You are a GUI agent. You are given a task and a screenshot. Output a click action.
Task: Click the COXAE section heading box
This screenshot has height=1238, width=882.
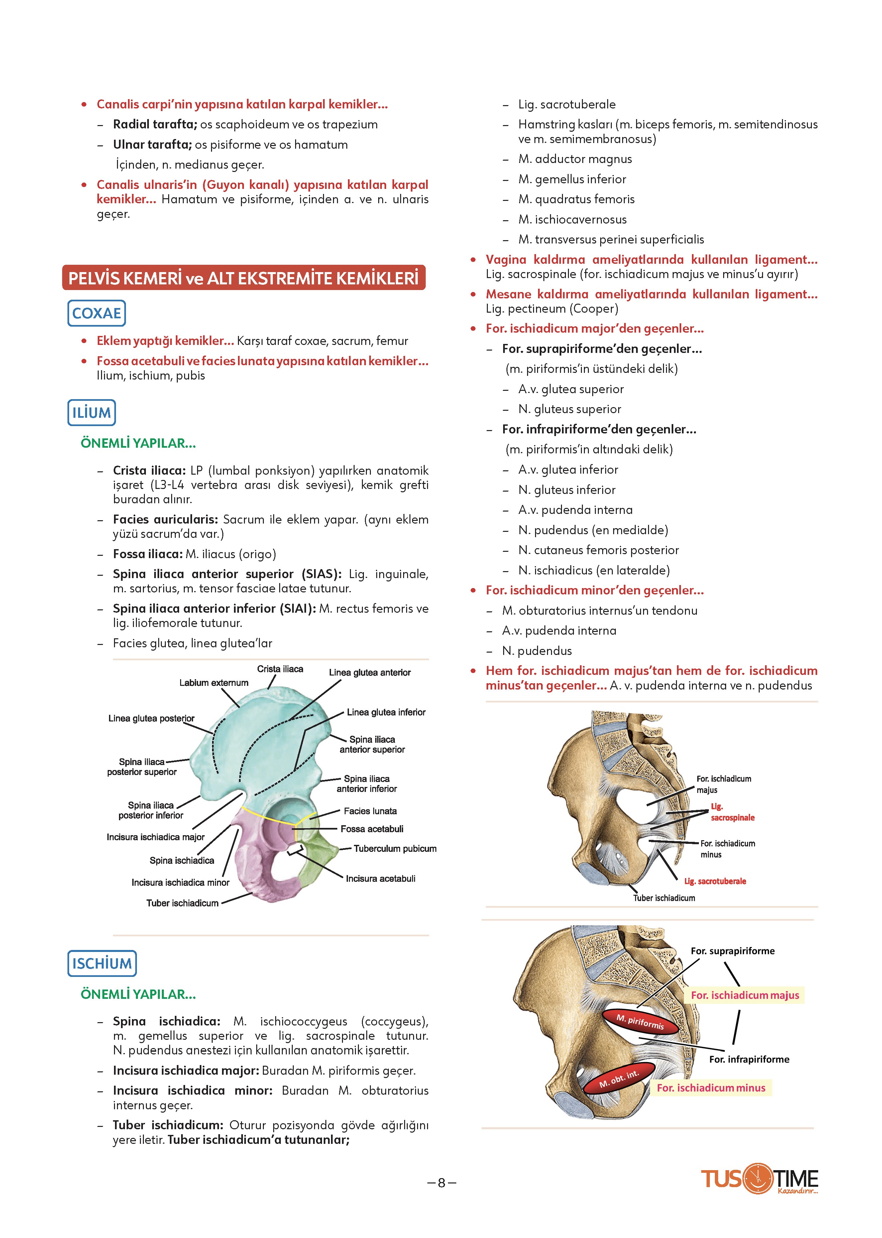click(x=97, y=313)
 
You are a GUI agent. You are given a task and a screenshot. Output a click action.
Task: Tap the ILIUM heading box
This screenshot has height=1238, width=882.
click(x=92, y=412)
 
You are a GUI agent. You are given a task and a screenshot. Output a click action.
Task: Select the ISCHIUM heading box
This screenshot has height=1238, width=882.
click(x=102, y=964)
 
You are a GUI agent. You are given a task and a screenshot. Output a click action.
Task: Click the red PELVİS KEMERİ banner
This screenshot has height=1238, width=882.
click(x=244, y=278)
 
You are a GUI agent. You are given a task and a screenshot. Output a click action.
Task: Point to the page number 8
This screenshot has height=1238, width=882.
click(x=442, y=1183)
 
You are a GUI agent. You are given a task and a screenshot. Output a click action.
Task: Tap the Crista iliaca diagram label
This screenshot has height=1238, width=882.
click(x=280, y=669)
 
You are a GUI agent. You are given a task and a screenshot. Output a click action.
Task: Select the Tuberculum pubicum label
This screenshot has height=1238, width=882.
click(x=395, y=849)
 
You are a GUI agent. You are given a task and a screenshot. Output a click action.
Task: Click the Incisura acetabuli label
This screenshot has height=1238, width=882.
click(x=381, y=878)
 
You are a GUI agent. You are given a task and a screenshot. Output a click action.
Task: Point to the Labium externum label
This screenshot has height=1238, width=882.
click(x=214, y=683)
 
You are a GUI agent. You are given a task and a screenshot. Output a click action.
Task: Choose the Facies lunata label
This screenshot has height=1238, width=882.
click(x=371, y=811)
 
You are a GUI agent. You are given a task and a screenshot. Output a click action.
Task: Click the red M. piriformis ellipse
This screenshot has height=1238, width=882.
click(x=640, y=1022)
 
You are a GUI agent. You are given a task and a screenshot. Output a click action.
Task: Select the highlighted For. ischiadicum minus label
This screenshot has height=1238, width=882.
click(x=711, y=1087)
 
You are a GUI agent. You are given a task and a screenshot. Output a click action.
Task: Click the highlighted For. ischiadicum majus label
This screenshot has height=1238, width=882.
click(x=745, y=995)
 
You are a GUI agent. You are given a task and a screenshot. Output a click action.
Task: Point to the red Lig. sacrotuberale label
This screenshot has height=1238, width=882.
click(x=715, y=881)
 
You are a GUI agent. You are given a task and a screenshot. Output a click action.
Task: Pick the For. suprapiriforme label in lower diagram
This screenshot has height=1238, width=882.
click(x=733, y=951)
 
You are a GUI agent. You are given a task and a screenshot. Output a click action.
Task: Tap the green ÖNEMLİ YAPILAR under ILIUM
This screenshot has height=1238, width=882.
click(x=138, y=443)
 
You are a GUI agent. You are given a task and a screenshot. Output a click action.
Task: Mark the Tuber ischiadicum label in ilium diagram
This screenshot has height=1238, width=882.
click(x=182, y=903)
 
